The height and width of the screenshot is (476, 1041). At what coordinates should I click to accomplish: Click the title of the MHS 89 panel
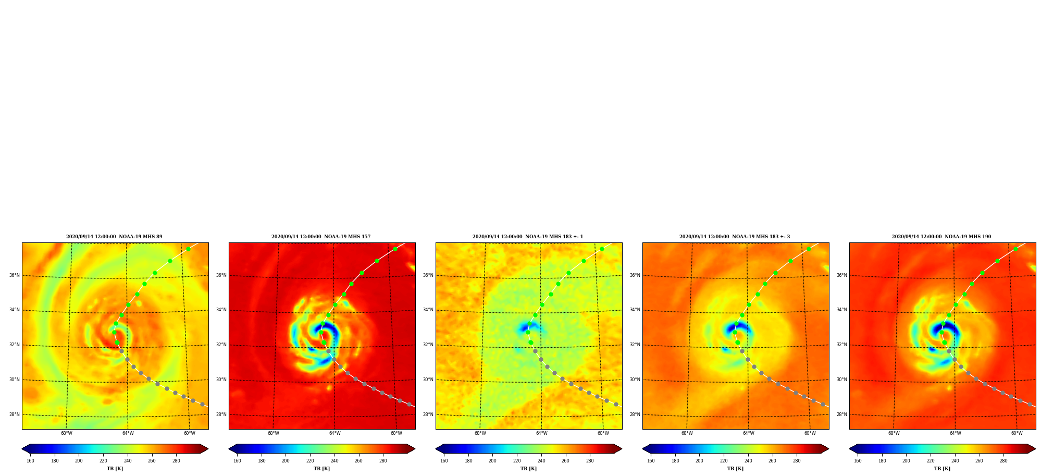[x=114, y=237]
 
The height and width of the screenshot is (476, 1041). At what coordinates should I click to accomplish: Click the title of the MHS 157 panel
[x=321, y=237]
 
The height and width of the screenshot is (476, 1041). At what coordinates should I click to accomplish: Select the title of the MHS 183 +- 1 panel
[x=528, y=237]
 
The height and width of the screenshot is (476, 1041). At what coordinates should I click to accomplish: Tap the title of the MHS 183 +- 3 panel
[x=735, y=237]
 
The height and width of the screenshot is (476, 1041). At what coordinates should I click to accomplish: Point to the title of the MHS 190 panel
[x=941, y=237]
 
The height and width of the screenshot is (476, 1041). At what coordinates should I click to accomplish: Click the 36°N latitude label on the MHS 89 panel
[x=14, y=275]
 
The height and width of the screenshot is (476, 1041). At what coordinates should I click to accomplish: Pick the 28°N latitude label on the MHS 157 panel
[x=221, y=414]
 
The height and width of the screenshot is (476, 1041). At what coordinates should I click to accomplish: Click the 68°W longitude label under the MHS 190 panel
[x=894, y=433]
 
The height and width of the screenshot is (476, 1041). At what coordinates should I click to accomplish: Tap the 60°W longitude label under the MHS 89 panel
[x=190, y=433]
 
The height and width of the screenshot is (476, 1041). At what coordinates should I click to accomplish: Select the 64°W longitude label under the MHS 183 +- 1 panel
[x=542, y=433]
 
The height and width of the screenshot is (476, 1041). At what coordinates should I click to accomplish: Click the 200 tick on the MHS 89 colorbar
[x=79, y=461]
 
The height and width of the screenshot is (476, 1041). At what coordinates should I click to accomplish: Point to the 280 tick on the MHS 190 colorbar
[x=1003, y=461]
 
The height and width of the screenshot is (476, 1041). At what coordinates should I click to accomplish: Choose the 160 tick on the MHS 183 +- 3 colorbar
[x=651, y=461]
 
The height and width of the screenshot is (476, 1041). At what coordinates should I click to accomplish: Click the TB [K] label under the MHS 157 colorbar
[x=321, y=469]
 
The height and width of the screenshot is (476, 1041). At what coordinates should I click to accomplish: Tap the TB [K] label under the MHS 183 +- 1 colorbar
[x=528, y=469]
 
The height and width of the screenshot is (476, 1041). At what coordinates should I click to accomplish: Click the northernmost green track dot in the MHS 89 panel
[x=188, y=249]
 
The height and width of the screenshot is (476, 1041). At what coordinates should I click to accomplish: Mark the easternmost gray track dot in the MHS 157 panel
[x=409, y=404]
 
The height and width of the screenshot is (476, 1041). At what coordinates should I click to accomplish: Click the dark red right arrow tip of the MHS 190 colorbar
[x=1035, y=449]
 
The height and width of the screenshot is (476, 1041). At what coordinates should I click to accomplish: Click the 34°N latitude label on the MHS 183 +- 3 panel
[x=635, y=310]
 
